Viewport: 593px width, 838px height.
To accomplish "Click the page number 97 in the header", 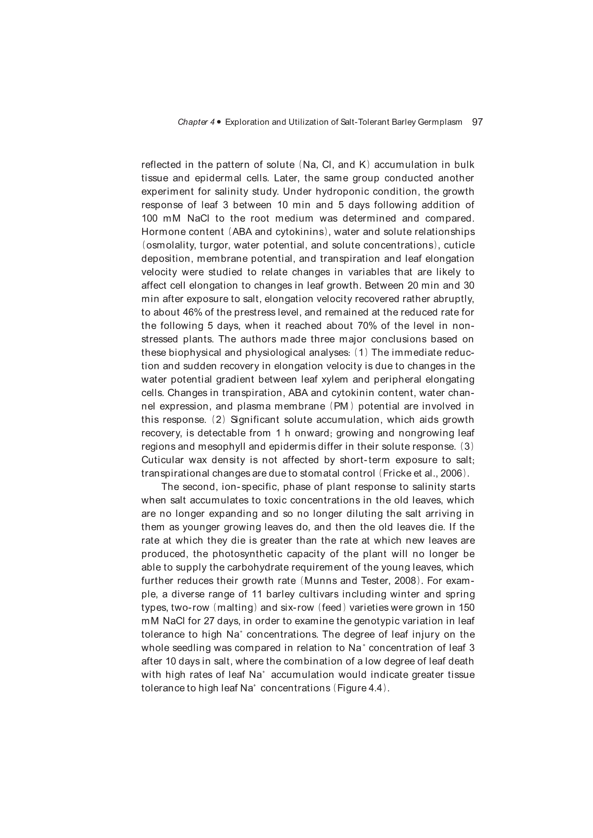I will [x=477, y=122].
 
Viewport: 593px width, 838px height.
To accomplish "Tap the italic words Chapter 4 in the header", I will [x=196, y=122].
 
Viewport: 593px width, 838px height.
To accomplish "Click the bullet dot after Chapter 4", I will [x=219, y=122].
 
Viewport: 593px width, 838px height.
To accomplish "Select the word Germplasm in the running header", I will [x=440, y=122].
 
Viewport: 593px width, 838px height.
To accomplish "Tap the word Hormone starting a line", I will [x=163, y=232].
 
